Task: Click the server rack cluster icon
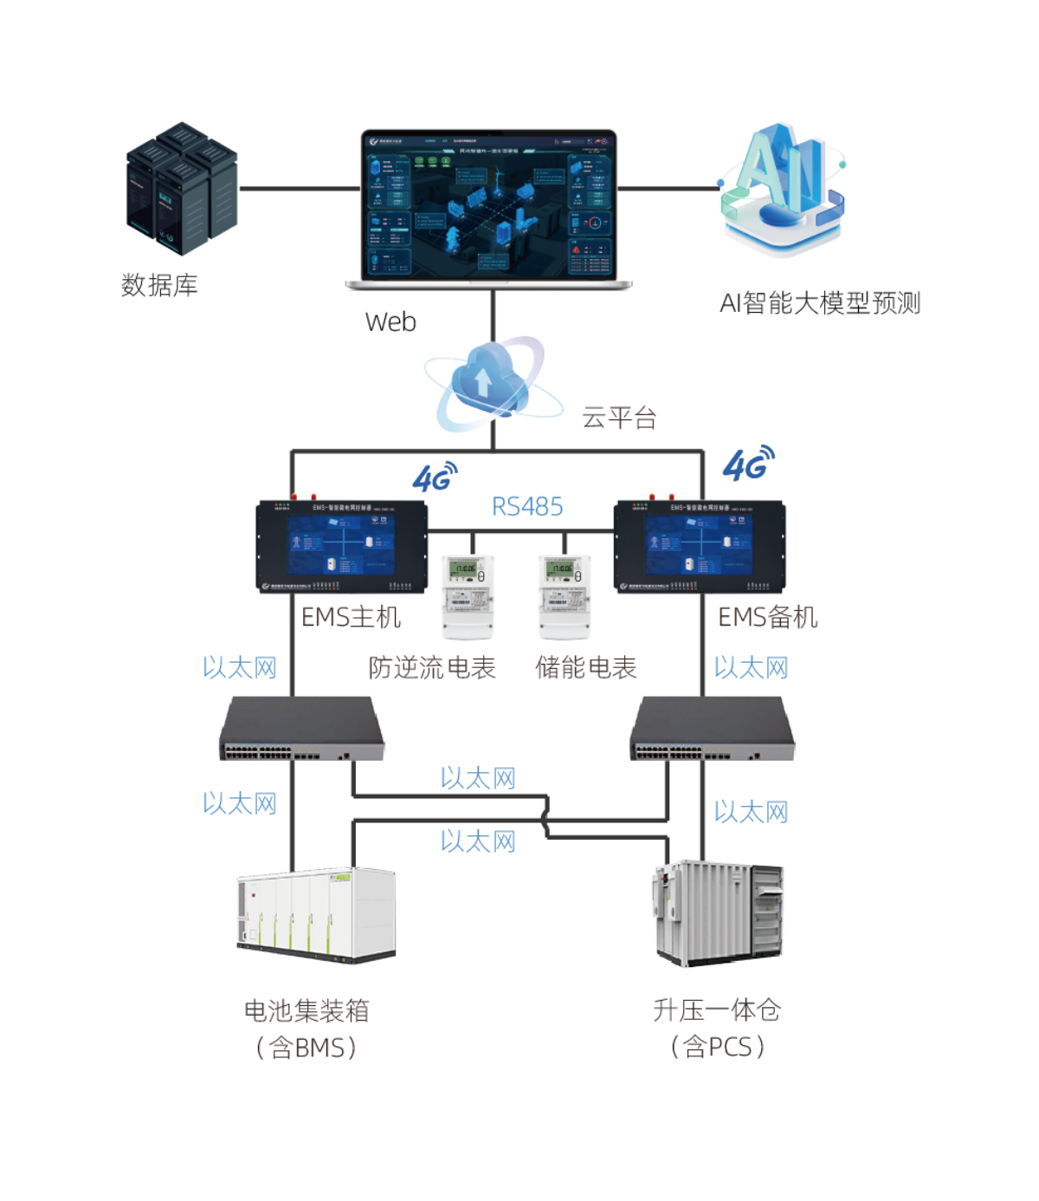pos(182,189)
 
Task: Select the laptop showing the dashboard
pos(490,209)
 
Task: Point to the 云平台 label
pos(619,418)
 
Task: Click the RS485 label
pos(527,506)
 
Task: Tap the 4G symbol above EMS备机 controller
pos(748,464)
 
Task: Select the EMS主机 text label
pos(351,617)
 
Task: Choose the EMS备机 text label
pos(768,617)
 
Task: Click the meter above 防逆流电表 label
pos(468,596)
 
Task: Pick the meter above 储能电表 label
pos(565,596)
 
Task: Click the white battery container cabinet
pos(316,913)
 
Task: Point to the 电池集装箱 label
pos(307,1010)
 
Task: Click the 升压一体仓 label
pos(717,1010)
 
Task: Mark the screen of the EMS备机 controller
pos(700,546)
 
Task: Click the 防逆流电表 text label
pos(431,668)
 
